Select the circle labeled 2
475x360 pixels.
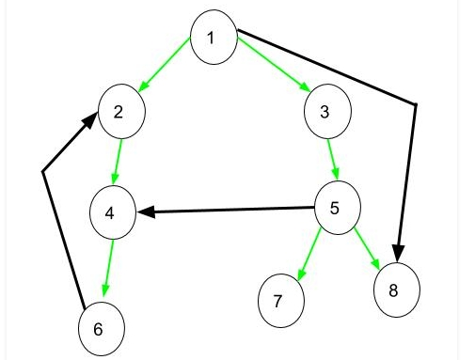click(121, 113)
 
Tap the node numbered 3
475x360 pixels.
click(326, 113)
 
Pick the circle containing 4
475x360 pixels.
click(112, 212)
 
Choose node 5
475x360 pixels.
click(336, 207)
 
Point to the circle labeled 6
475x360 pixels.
click(101, 329)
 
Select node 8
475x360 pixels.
click(393, 290)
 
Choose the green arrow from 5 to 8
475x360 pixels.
click(367, 249)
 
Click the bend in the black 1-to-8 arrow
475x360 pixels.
click(415, 104)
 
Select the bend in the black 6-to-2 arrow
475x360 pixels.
click(43, 171)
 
